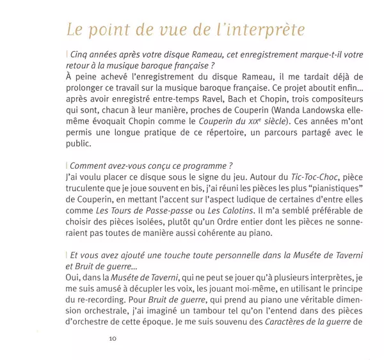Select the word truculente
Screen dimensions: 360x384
(88, 190)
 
